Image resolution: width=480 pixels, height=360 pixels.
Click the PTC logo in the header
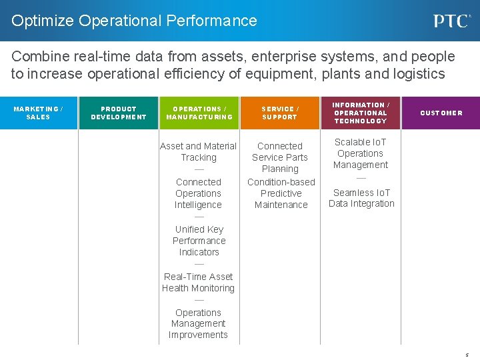[452, 21]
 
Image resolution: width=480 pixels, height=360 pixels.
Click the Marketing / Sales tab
[38, 113]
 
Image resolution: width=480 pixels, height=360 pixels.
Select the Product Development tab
[119, 113]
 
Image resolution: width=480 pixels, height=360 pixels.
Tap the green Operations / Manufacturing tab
[199, 113]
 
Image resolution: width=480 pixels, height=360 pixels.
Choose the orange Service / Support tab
[280, 113]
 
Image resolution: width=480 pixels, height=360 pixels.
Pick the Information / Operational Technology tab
[360, 113]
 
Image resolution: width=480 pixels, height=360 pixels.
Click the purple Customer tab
[441, 113]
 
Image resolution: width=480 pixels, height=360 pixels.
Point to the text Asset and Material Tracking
[199, 151]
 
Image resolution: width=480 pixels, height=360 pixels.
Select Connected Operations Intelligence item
[199, 193]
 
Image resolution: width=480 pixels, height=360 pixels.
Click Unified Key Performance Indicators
[199, 241]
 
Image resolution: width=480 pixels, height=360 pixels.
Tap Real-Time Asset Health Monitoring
[199, 282]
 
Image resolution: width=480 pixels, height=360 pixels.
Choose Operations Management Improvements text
[199, 323]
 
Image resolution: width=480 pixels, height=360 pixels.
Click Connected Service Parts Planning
[280, 157]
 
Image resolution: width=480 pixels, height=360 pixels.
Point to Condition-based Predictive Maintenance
[281, 193]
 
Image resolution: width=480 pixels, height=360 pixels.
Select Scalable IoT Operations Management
[361, 153]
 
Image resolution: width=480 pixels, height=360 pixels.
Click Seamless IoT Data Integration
[361, 198]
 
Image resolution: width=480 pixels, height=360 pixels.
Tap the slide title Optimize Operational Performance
[134, 21]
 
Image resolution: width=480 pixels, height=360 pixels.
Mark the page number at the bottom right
[467, 355]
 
